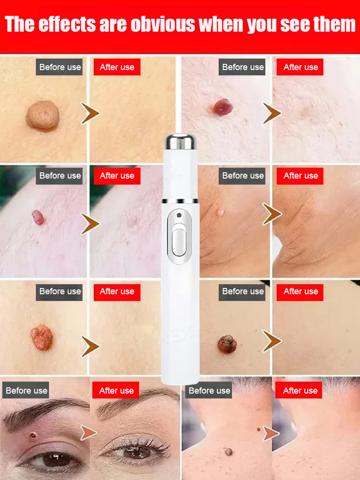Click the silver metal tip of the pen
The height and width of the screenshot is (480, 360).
coord(181,141)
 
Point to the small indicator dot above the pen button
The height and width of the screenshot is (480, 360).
coord(179,214)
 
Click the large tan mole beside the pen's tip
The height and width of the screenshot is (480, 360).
coord(43,116)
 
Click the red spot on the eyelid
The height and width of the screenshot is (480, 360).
coord(33,436)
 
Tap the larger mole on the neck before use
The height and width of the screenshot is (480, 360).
coord(228,451)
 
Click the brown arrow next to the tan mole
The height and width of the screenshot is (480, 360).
coord(90,114)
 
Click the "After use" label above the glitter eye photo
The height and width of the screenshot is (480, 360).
coord(116,391)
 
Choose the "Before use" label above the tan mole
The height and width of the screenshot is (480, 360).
coord(60,67)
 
